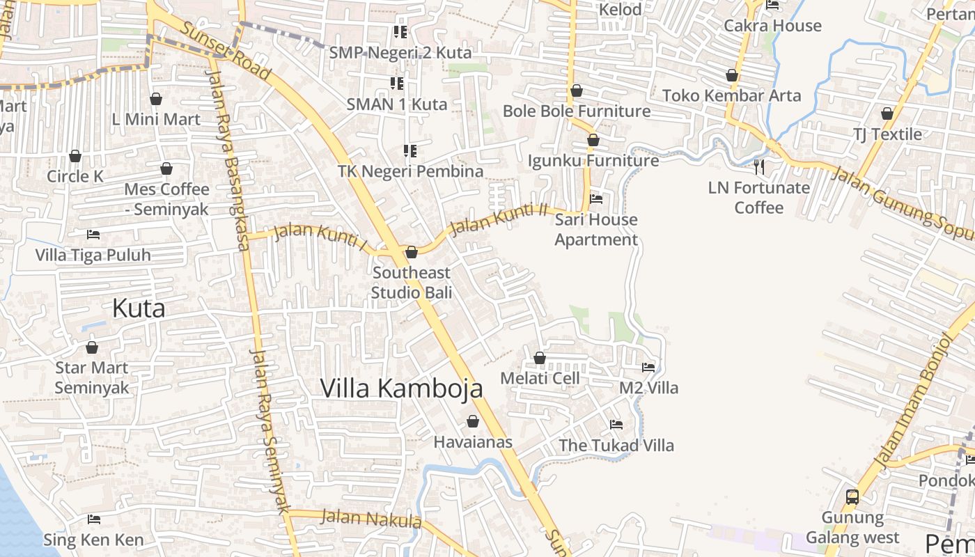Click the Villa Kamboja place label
[x=401, y=388]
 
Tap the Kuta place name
[x=139, y=308]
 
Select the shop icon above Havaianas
[x=473, y=421]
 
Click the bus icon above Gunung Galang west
[x=852, y=497]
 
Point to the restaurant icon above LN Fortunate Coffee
[x=759, y=167]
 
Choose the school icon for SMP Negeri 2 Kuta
[x=400, y=32]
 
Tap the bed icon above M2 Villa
[x=648, y=367]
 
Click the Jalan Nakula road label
[x=371, y=519]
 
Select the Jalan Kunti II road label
[x=499, y=219]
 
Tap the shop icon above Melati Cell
[x=540, y=358]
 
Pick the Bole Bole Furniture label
[x=577, y=111]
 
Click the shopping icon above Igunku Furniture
[x=593, y=140]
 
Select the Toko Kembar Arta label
[x=731, y=95]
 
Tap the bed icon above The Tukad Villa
[x=616, y=424]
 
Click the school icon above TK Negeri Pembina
[x=410, y=150]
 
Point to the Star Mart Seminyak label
[x=92, y=377]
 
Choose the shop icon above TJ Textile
[x=887, y=113]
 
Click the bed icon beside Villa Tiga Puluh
[x=93, y=235]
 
